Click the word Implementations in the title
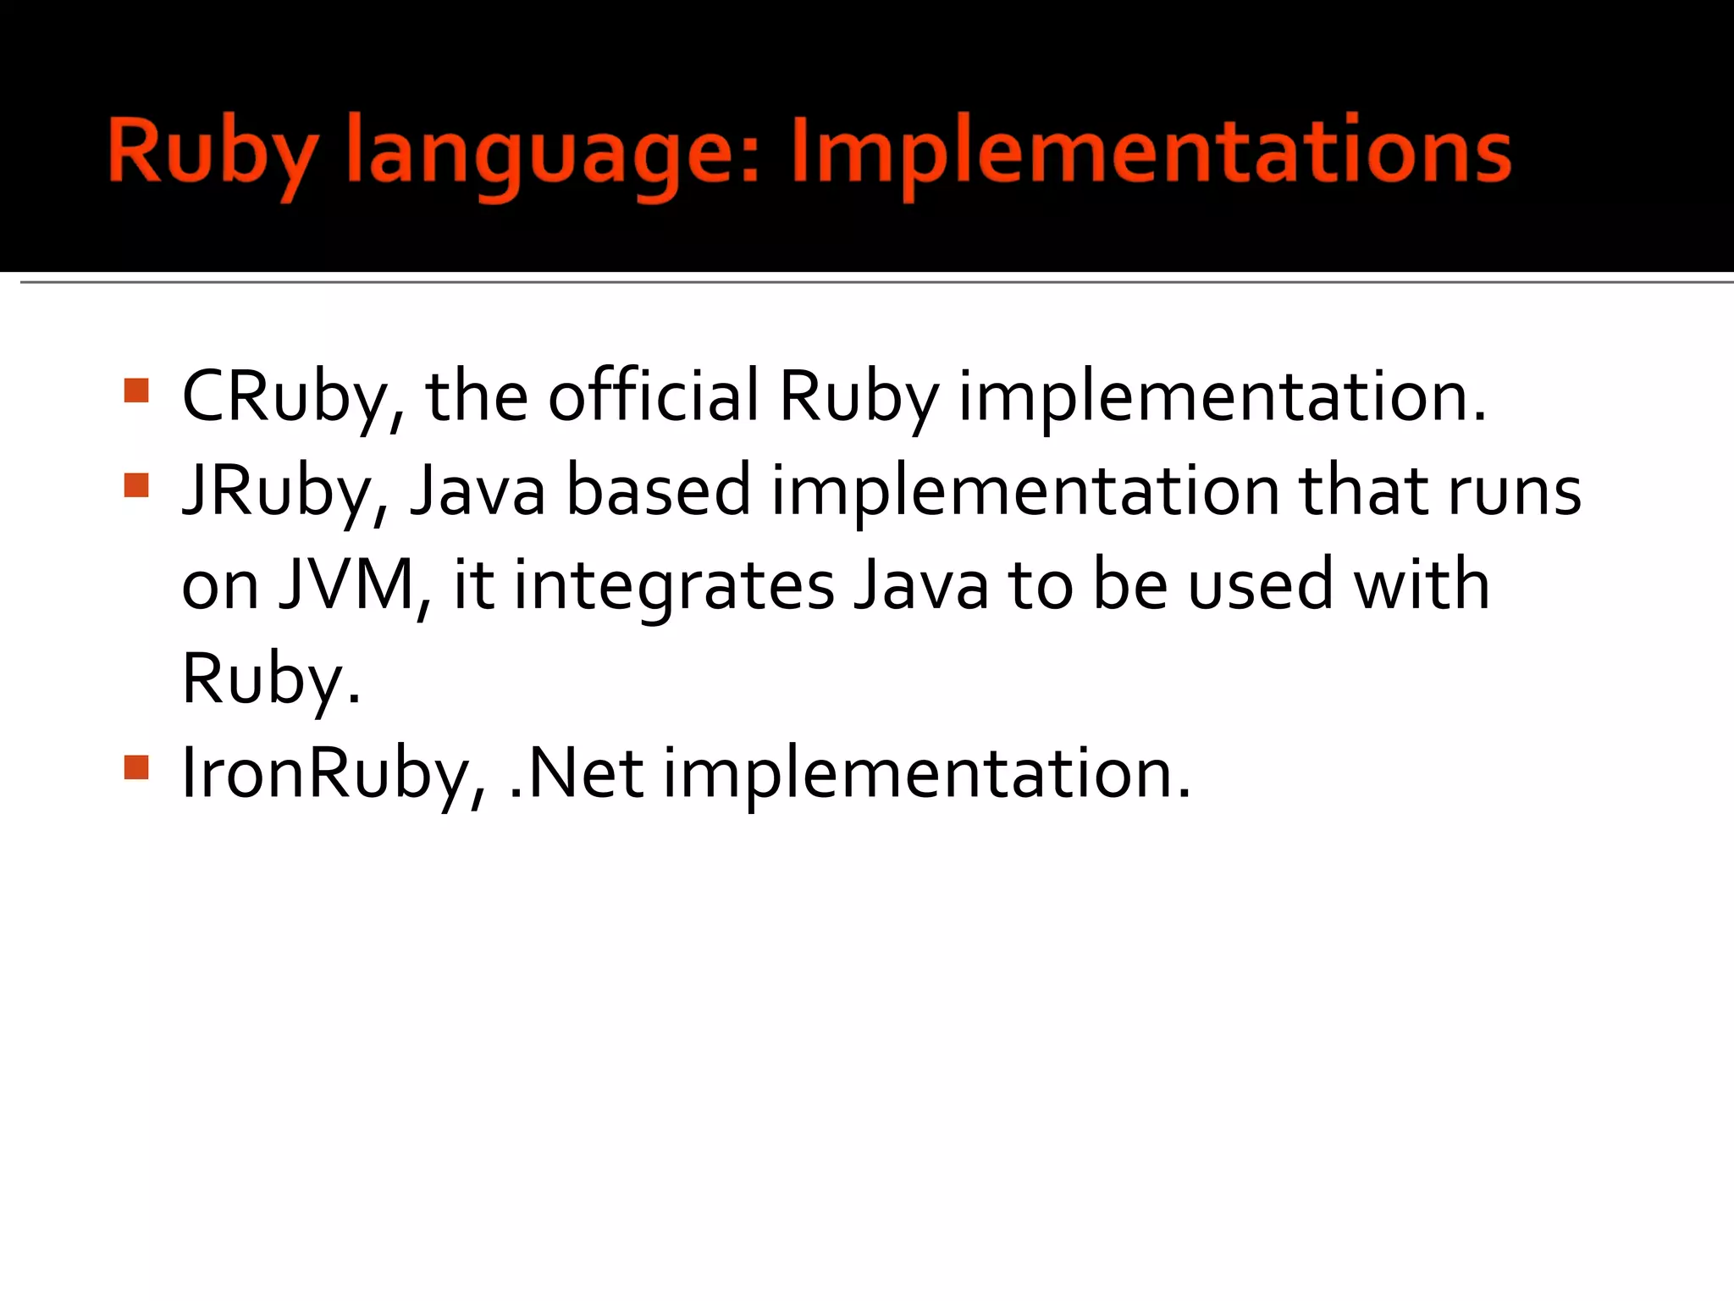pos(1151,152)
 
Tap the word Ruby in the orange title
pos(213,154)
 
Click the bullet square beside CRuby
pos(136,390)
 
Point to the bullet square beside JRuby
pos(136,485)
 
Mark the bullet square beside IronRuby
pos(136,767)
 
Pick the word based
pos(658,491)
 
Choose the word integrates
pos(674,587)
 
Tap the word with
pos(1422,585)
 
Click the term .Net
pos(576,774)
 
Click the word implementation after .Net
pos(926,774)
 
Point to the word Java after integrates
pos(921,585)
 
